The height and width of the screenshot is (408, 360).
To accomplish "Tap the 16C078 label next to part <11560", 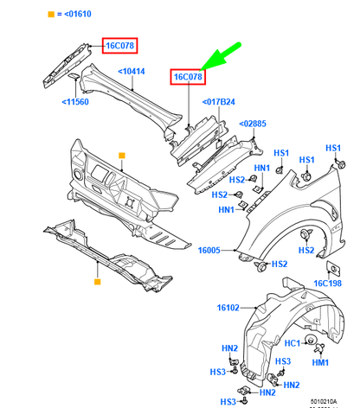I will [120, 45].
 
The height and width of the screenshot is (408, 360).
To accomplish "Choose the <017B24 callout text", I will [220, 102].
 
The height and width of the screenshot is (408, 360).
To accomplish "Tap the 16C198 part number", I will [327, 283].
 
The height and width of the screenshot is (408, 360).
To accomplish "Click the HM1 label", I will [319, 363].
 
